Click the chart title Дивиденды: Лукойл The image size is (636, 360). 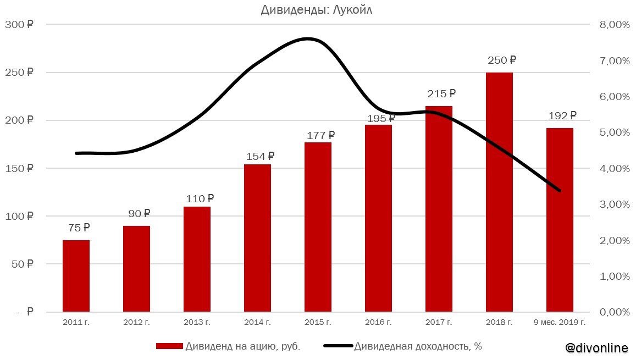(x=317, y=10)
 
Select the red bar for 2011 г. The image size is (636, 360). (x=76, y=276)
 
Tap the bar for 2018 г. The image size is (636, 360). (x=499, y=192)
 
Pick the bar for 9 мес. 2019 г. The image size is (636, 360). (x=560, y=220)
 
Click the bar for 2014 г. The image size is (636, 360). (x=257, y=238)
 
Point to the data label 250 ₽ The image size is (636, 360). (x=502, y=60)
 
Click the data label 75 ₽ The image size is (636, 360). (x=79, y=228)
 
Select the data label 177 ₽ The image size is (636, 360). (x=320, y=135)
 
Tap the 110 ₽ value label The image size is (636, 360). (x=200, y=199)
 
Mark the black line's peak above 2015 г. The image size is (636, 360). (x=308, y=38)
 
